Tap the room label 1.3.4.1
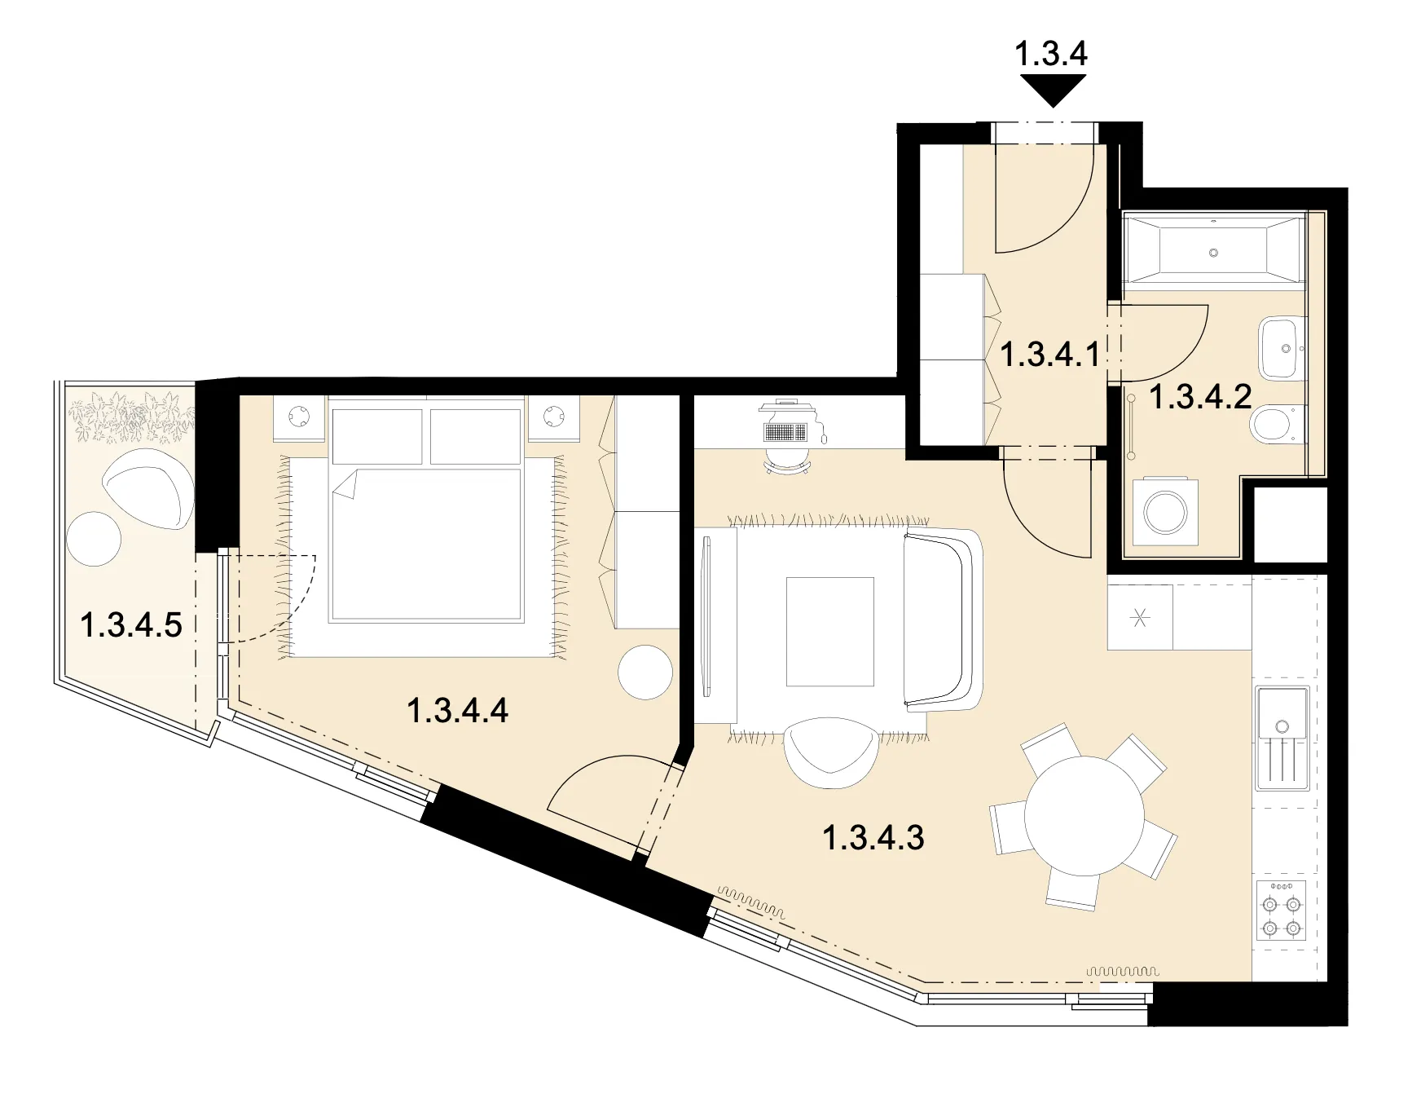click(1049, 355)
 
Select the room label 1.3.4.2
click(1200, 397)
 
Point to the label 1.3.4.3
click(873, 837)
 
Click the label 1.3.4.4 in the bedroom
click(457, 710)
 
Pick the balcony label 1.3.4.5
click(130, 625)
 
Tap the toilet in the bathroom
click(1278, 425)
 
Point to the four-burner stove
click(1281, 911)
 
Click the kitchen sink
click(1282, 739)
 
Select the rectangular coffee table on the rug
click(829, 632)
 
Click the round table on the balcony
click(94, 539)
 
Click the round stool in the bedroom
click(645, 672)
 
